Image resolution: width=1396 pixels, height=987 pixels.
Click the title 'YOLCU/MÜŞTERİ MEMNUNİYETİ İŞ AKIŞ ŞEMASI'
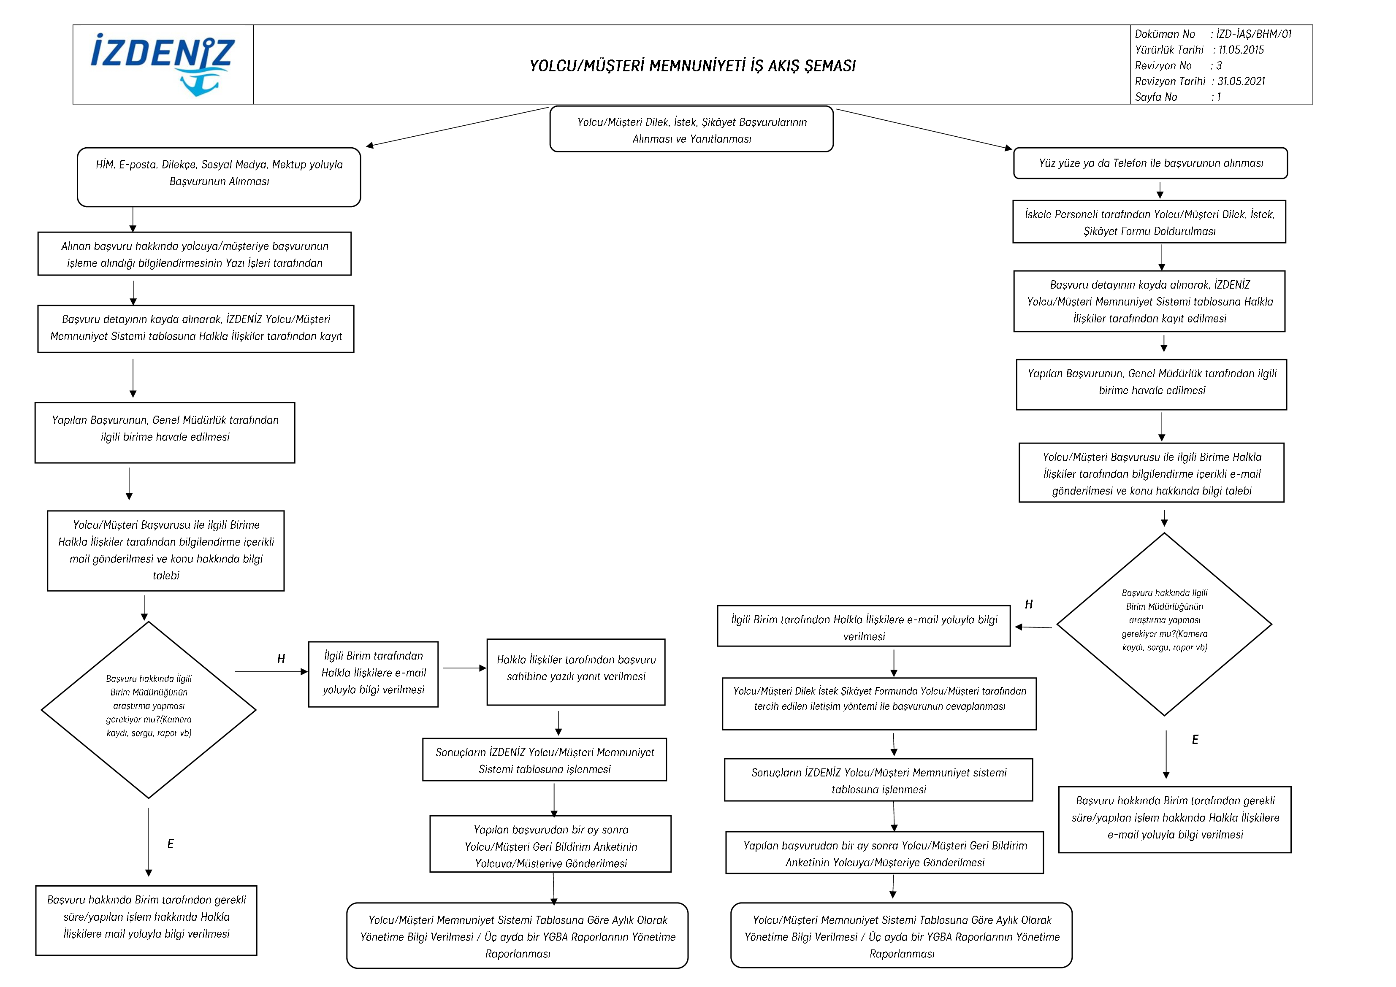click(693, 66)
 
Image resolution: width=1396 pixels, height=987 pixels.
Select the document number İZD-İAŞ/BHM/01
click(1254, 34)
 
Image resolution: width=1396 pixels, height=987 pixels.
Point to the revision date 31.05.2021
click(1241, 81)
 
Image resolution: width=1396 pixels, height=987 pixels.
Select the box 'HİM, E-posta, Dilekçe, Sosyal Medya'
click(219, 177)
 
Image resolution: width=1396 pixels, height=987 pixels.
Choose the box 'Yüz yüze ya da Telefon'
click(1150, 163)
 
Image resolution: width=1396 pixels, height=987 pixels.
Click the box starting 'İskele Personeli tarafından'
click(1149, 222)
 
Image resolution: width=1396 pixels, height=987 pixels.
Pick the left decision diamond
click(148, 710)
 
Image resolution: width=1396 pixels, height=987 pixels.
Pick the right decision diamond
click(1164, 624)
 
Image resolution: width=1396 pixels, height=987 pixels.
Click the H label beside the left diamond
click(281, 659)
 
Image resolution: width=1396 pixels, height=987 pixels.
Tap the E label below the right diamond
click(1195, 740)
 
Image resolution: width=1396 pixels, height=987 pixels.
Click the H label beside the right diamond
click(1029, 604)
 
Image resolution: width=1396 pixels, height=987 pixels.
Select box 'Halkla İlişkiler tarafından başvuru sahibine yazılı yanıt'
click(576, 671)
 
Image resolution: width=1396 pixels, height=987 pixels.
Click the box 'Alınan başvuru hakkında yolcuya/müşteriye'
click(195, 254)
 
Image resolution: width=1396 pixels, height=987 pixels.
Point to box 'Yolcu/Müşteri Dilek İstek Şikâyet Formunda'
click(879, 704)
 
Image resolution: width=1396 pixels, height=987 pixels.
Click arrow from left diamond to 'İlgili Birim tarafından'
click(271, 671)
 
